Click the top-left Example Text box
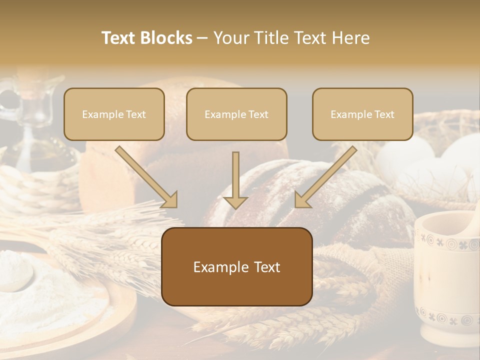click(x=114, y=114)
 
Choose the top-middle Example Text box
click(x=236, y=114)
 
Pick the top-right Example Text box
click(x=362, y=114)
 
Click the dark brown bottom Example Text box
click(x=237, y=266)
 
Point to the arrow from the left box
click(x=146, y=177)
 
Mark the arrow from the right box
click(x=325, y=177)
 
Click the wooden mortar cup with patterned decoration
click(x=445, y=280)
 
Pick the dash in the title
click(x=202, y=38)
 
